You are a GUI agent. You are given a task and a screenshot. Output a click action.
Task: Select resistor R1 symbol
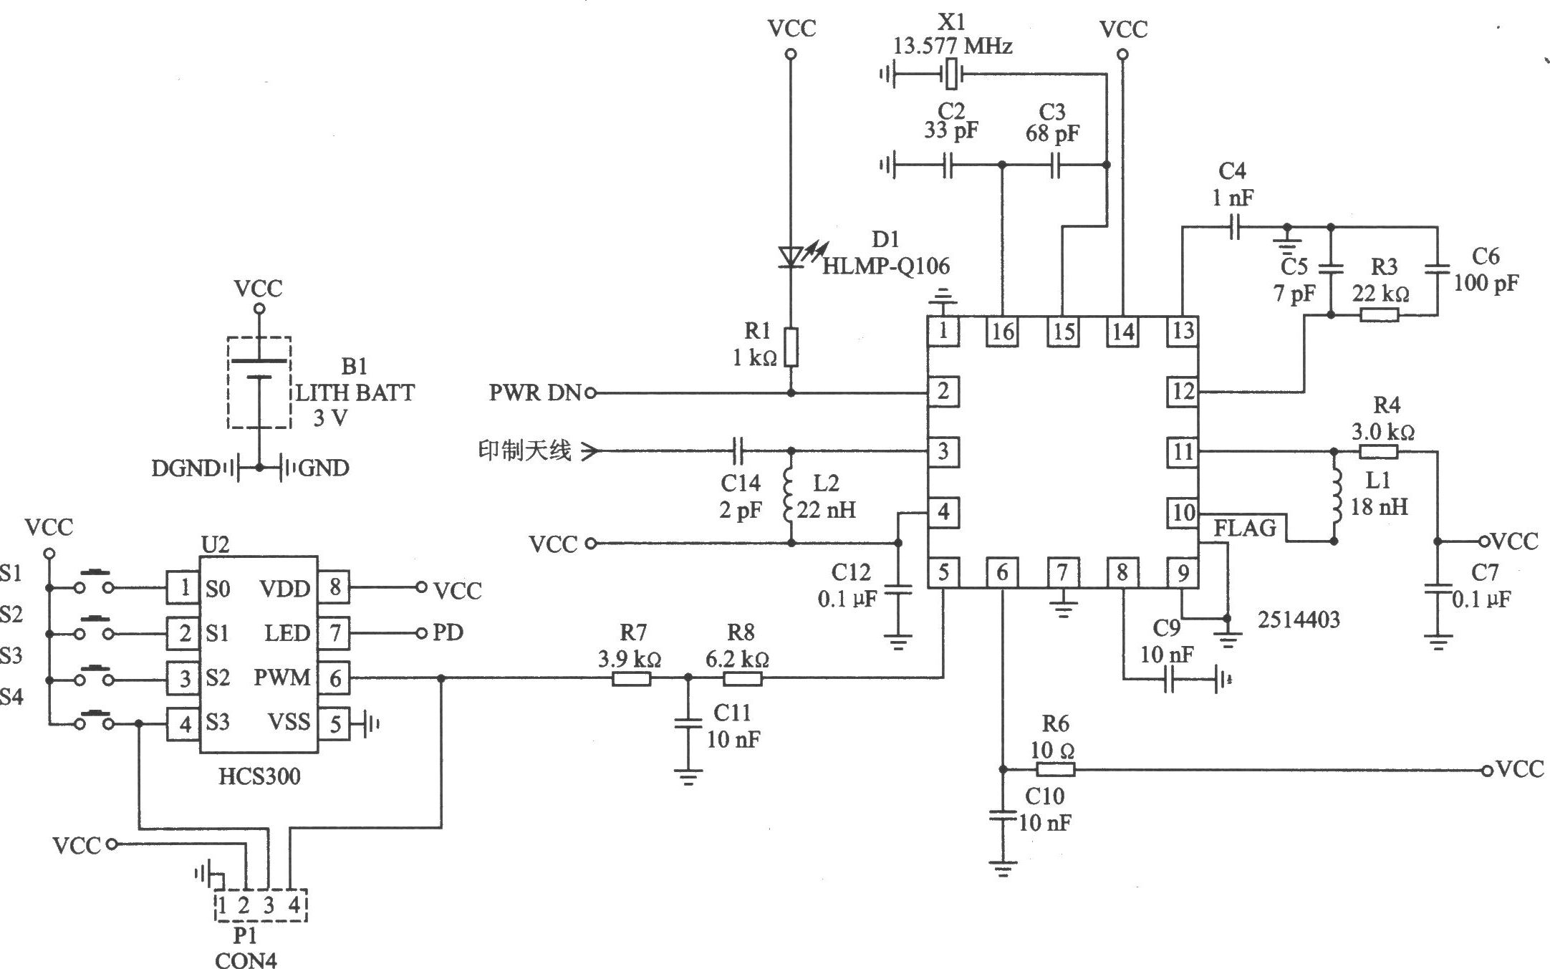point(791,347)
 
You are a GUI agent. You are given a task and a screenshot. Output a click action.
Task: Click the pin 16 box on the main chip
point(1002,332)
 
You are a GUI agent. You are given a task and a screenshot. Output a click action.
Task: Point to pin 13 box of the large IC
point(1182,332)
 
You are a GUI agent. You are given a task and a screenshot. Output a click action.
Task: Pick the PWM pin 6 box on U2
point(334,678)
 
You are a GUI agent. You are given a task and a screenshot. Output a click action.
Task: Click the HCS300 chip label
point(259,776)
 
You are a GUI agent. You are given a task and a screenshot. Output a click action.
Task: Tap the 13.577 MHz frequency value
point(953,47)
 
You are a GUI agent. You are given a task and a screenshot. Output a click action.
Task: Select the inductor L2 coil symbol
point(790,496)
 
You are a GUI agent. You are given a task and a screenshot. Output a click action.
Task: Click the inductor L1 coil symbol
point(1335,496)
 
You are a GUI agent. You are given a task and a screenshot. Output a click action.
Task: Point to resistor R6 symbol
point(1055,770)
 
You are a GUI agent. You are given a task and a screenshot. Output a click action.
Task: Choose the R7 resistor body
point(632,678)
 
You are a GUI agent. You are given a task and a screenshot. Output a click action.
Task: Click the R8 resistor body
point(743,678)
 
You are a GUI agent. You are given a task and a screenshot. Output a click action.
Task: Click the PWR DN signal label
point(535,393)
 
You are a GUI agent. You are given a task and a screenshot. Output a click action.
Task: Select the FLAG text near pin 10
point(1246,529)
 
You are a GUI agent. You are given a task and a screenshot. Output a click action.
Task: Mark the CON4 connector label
point(246,959)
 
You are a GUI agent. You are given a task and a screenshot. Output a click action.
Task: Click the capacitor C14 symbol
point(740,451)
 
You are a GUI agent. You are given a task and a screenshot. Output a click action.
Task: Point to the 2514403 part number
point(1299,620)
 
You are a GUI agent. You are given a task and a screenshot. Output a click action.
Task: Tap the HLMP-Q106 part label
point(886,266)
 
